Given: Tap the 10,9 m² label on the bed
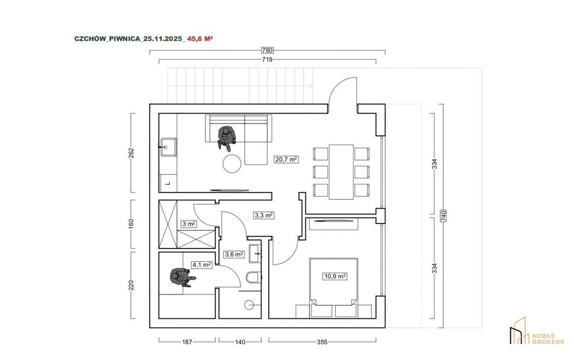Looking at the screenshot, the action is click(335, 276).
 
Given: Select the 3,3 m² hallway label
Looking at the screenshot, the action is click(264, 215).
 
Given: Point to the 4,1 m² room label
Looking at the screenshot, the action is click(201, 265).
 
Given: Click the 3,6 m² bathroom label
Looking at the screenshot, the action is click(234, 254).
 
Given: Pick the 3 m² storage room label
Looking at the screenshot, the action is click(188, 224).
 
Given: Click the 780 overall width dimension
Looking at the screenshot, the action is click(267, 50).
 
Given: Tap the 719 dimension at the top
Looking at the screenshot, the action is click(267, 60).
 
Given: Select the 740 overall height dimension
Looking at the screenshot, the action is click(444, 216).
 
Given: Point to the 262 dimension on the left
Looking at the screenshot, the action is click(131, 153).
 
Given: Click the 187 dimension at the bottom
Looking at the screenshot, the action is click(187, 342).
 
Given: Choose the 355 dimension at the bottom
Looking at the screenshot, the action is click(322, 342).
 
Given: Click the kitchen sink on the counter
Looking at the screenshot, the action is click(168, 147).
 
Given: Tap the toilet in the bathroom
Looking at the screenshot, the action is click(253, 278).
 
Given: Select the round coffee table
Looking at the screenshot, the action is click(232, 163).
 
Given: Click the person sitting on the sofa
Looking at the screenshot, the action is click(226, 138).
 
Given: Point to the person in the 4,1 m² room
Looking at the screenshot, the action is click(181, 277).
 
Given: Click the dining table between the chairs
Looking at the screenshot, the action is click(341, 172).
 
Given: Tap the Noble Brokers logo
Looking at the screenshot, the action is click(537, 331).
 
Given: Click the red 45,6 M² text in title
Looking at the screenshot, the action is click(200, 38).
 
